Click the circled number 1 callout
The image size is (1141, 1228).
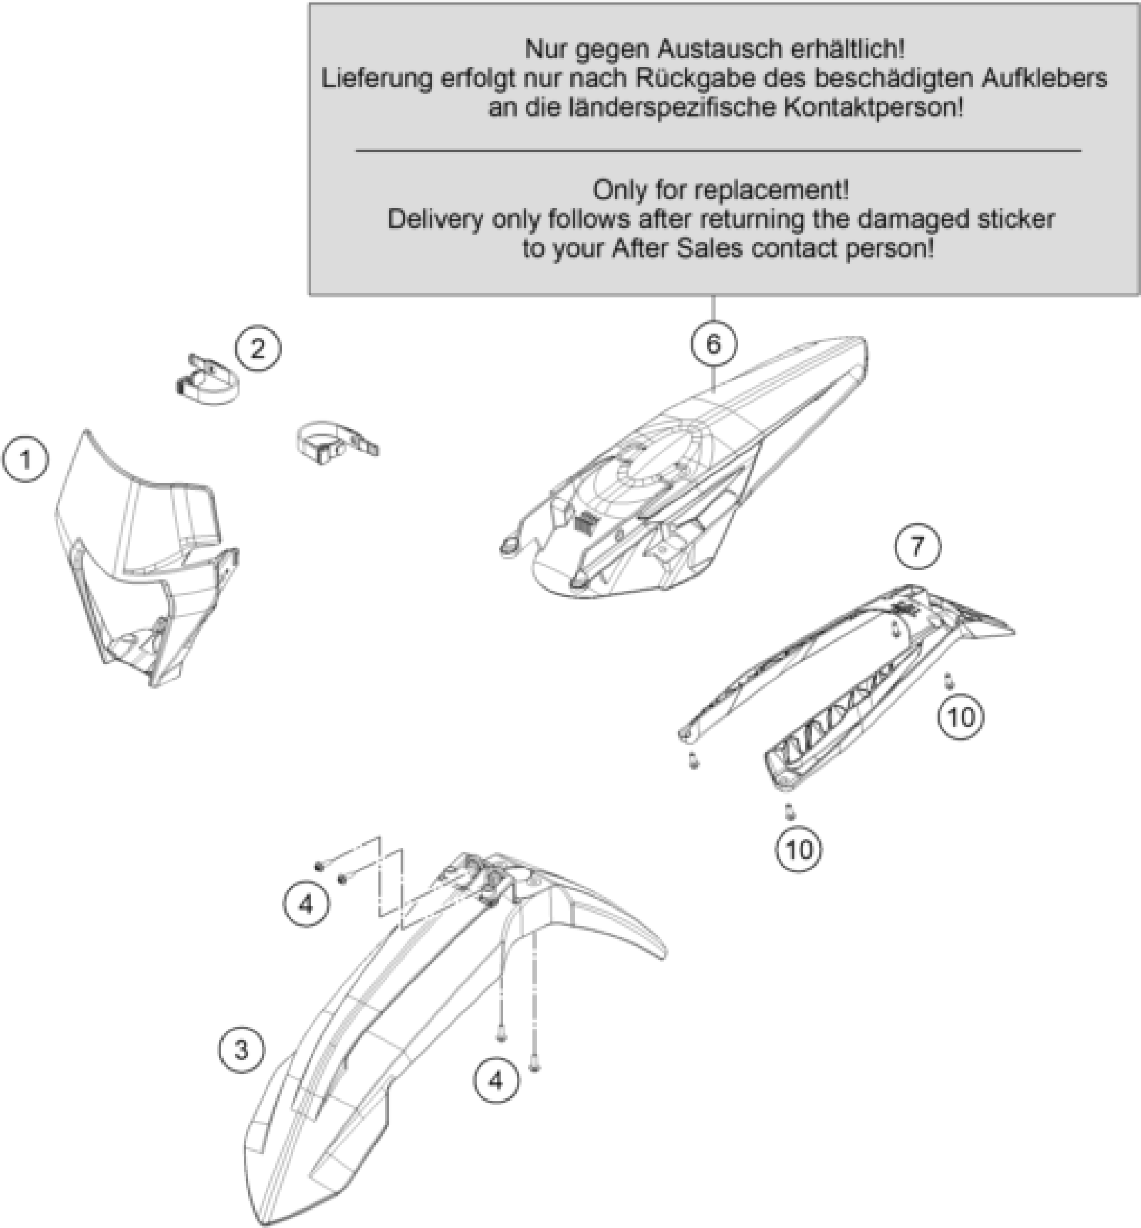tap(26, 460)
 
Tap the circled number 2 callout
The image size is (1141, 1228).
tap(258, 348)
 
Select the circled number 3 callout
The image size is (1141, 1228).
tap(242, 1048)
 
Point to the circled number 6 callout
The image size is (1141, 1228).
tap(713, 344)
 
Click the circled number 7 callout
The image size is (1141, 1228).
tap(917, 546)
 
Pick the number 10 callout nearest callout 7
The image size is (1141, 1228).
tap(960, 717)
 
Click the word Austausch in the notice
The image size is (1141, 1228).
tap(724, 49)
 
